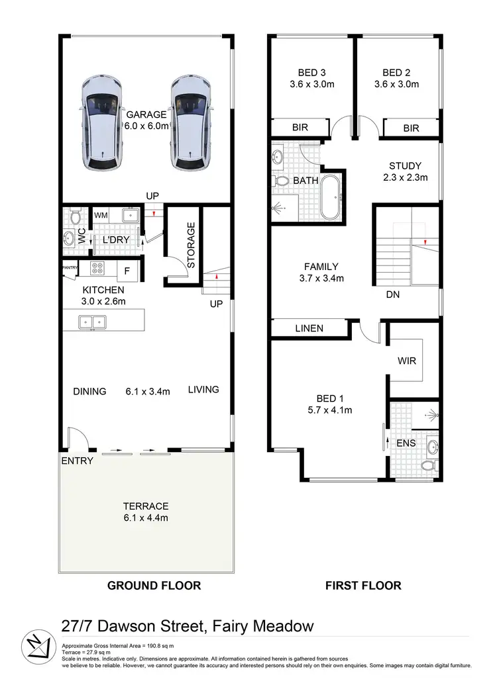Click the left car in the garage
coord(101,124)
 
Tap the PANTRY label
coord(70,267)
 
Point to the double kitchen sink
coord(91,322)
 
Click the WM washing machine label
coord(101,215)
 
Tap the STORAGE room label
coord(191,245)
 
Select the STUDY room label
coord(406,165)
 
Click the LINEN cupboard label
coord(309,328)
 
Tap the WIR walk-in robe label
coord(407,362)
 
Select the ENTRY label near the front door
coord(78,461)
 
